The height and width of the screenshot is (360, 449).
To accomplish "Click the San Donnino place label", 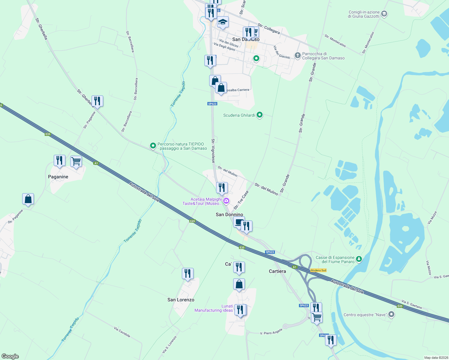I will pyautogui.click(x=229, y=214).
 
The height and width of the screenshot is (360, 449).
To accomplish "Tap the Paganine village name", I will pyautogui.click(x=58, y=177).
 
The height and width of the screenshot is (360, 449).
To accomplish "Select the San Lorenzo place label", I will pyautogui.click(x=181, y=300).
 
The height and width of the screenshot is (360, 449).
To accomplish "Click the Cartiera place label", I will pyautogui.click(x=277, y=271).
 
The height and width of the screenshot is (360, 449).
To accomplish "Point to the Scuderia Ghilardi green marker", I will pyautogui.click(x=260, y=115).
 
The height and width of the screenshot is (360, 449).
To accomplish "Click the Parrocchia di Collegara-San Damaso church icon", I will pyautogui.click(x=297, y=55).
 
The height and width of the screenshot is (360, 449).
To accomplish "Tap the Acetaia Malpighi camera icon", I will pyautogui.click(x=226, y=201).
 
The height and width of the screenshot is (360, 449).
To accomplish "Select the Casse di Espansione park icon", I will pyautogui.click(x=359, y=259).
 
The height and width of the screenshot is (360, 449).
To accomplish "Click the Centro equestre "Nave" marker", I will pyautogui.click(x=391, y=314).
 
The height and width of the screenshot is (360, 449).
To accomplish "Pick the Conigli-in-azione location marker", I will pyautogui.click(x=384, y=14).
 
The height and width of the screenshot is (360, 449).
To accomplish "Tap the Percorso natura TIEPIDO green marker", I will pyautogui.click(x=153, y=146).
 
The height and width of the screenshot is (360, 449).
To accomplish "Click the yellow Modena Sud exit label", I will pyautogui.click(x=318, y=270).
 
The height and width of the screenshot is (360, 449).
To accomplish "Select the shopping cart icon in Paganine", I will pyautogui.click(x=76, y=161).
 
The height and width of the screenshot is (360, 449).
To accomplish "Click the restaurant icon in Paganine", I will pyautogui.click(x=59, y=160).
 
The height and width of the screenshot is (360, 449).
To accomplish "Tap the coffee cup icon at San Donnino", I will pyautogui.click(x=239, y=222).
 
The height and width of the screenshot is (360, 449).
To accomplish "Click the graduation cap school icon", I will pyautogui.click(x=223, y=22).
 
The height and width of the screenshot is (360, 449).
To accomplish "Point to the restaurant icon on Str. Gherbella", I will pyautogui.click(x=97, y=101).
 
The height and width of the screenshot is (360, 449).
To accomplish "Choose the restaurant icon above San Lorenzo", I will pyautogui.click(x=188, y=274).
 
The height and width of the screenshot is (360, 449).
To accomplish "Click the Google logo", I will pyautogui.click(x=10, y=356).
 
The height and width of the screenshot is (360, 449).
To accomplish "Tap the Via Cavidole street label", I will pyautogui.click(x=122, y=332).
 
